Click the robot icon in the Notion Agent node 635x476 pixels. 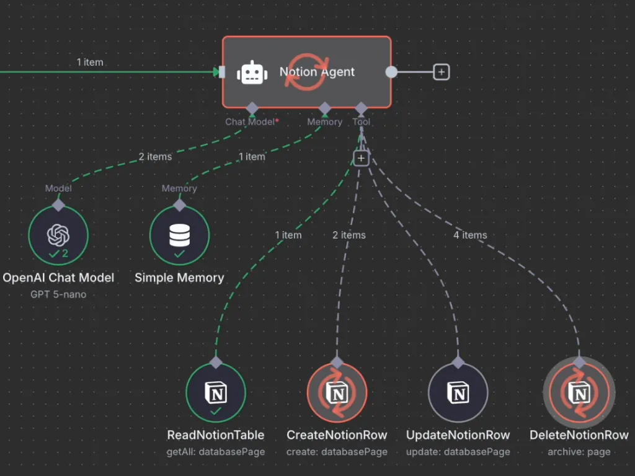(252, 73)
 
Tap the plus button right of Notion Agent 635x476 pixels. (441, 72)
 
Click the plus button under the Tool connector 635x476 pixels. (361, 159)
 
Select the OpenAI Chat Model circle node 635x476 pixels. (58, 236)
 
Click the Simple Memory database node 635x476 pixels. (179, 236)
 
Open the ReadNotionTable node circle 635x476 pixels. (216, 393)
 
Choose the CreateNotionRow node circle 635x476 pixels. (337, 393)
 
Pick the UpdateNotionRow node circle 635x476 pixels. (458, 393)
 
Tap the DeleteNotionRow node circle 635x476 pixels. (579, 393)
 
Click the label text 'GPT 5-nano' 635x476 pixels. (58, 294)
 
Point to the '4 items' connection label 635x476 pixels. (470, 235)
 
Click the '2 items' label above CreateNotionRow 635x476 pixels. (349, 235)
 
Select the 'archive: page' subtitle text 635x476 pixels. (579, 452)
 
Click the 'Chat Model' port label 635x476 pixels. (249, 122)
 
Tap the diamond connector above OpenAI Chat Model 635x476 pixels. (58, 205)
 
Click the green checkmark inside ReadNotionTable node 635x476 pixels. (216, 411)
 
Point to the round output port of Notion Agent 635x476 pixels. (391, 72)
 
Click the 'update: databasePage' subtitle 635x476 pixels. (458, 452)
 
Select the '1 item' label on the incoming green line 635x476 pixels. (90, 62)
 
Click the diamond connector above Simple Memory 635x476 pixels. (179, 205)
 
